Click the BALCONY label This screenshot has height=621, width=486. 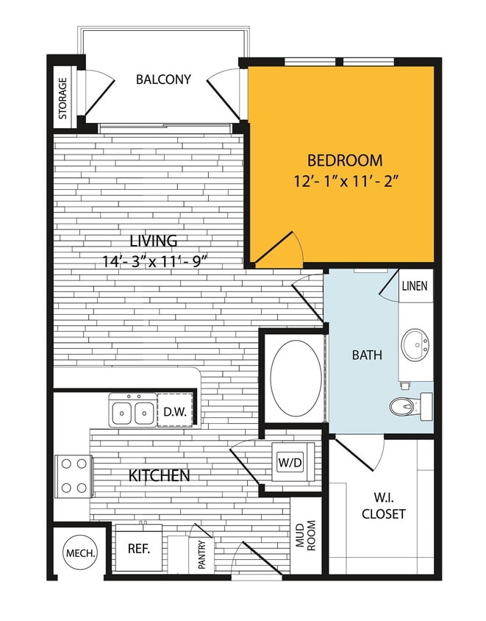click(x=163, y=79)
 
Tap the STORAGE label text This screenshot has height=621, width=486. click(x=63, y=99)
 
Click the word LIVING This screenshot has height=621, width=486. click(x=154, y=241)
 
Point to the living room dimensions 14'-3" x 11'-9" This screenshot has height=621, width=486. click(x=162, y=260)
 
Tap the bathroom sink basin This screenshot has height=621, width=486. click(x=415, y=344)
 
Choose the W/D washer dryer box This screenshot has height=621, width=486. click(x=288, y=463)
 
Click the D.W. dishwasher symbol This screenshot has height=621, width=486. click(x=174, y=411)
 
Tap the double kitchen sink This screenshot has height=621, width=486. click(x=132, y=411)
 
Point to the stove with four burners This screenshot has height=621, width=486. click(x=73, y=475)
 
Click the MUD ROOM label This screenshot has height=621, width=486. click(x=305, y=535)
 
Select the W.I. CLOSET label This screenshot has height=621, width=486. click(x=383, y=506)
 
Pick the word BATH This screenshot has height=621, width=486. click(x=367, y=355)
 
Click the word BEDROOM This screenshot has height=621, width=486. click(x=344, y=160)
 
